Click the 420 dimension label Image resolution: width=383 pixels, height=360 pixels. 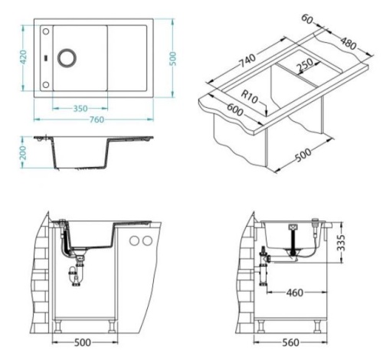click(23, 57)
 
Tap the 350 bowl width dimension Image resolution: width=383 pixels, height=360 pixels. click(80, 109)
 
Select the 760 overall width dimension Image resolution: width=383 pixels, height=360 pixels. click(97, 119)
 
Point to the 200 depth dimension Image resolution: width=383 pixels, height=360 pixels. click(23, 152)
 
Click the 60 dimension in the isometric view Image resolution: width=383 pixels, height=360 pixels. click(307, 19)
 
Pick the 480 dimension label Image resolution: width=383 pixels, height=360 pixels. click(349, 44)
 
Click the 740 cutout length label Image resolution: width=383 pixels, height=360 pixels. click(247, 61)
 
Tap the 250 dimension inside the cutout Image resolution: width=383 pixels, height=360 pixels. click(304, 65)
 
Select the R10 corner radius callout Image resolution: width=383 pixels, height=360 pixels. click(250, 97)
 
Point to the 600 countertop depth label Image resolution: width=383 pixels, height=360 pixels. click(235, 110)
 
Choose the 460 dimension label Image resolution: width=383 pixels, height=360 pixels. click(295, 293)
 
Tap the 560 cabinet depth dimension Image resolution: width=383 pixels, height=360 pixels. click(290, 342)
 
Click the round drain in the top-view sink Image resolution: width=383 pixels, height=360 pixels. click(67, 57)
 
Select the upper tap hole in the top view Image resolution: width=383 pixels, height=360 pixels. click(46, 31)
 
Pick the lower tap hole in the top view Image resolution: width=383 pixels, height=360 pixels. click(46, 85)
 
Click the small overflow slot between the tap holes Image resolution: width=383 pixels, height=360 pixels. click(46, 57)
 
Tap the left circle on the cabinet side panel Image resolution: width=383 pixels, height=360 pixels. click(134, 241)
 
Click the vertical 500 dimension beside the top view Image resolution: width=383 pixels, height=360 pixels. click(173, 59)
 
